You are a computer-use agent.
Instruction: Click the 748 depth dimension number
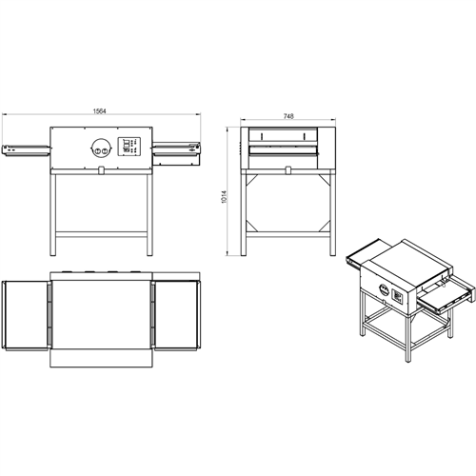tap(288, 115)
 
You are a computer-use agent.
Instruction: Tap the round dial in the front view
tap(98, 148)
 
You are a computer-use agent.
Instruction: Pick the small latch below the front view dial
tap(99, 171)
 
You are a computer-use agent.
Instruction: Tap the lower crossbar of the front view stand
tap(101, 232)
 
